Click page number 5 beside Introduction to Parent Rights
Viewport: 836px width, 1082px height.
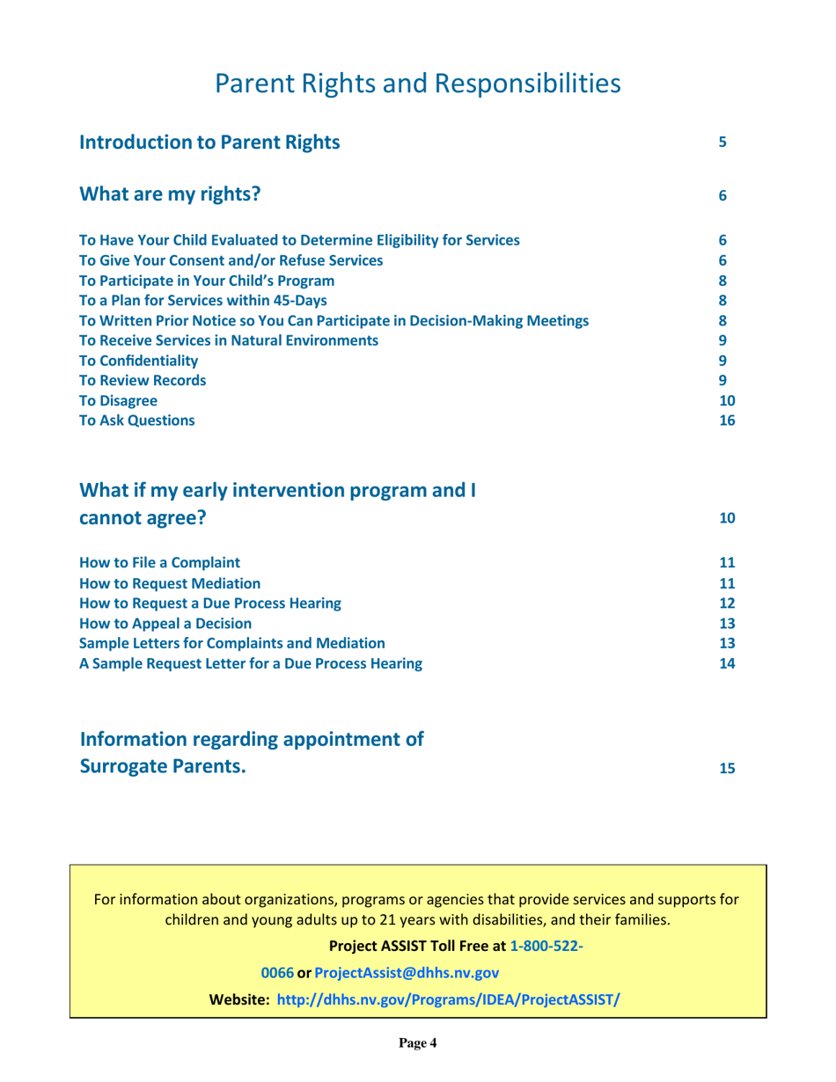[722, 141]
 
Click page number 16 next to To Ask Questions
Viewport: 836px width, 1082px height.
[726, 420]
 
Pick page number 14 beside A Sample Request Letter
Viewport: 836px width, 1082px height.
[726, 662]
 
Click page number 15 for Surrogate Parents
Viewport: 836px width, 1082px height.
[726, 768]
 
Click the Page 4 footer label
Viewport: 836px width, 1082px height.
[417, 1043]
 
